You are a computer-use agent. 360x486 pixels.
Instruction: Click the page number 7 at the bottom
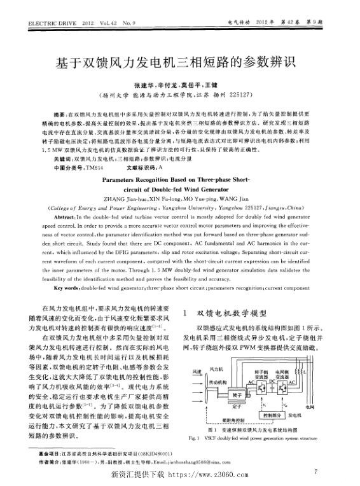click(315, 471)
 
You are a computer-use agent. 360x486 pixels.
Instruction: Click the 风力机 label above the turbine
click(216, 368)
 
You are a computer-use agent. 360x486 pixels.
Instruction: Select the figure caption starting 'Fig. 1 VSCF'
click(253, 439)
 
